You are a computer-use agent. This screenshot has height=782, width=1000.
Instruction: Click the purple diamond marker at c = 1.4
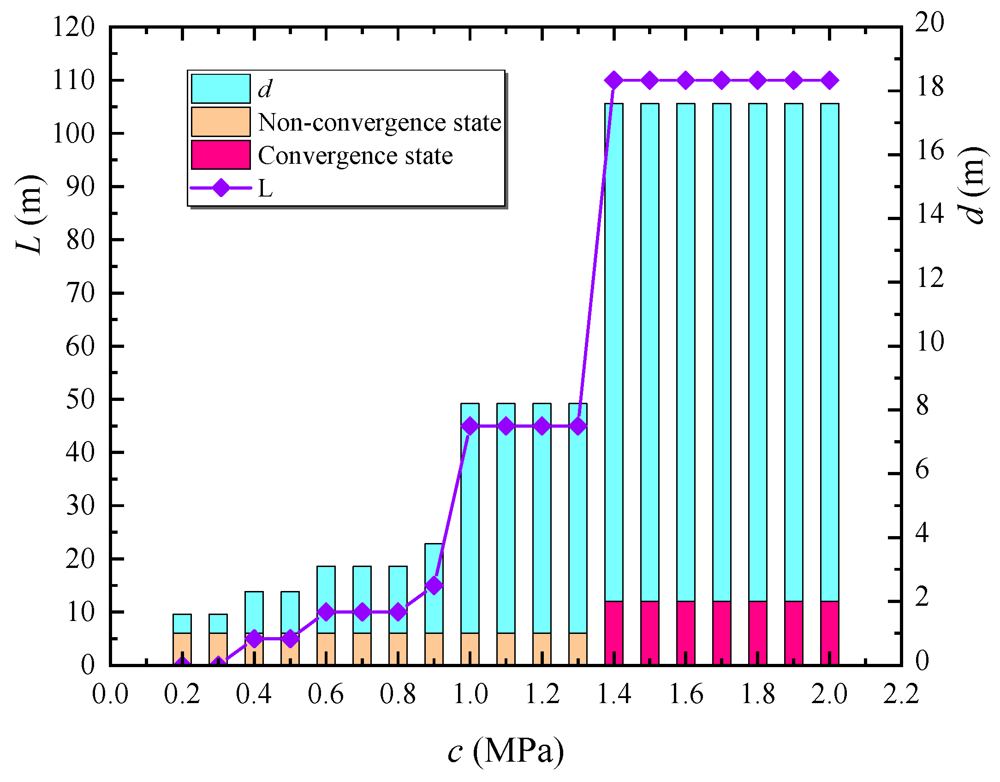pyautogui.click(x=614, y=81)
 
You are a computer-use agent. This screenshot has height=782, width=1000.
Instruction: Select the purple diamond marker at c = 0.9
pyautogui.click(x=434, y=585)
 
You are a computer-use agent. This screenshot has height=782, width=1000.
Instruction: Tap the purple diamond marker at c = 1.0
pyautogui.click(x=470, y=426)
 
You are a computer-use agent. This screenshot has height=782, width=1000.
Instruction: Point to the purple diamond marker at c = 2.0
pyautogui.click(x=830, y=81)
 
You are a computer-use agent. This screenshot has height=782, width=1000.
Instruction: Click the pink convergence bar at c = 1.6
pyautogui.click(x=686, y=633)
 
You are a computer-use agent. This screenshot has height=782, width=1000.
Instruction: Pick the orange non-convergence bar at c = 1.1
pyautogui.click(x=506, y=648)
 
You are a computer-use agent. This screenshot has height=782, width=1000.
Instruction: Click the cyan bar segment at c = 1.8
pyautogui.click(x=758, y=351)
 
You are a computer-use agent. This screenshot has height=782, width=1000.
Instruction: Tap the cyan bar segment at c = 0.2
pyautogui.click(x=182, y=623)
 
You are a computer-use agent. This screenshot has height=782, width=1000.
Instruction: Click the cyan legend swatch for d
pyautogui.click(x=220, y=89)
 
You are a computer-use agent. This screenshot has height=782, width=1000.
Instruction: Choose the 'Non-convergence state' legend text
pyautogui.click(x=379, y=123)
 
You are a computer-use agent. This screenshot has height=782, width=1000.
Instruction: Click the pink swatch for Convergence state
pyautogui.click(x=220, y=155)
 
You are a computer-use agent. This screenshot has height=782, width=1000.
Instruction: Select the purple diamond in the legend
pyautogui.click(x=221, y=188)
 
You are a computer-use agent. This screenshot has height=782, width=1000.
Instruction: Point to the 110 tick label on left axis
pyautogui.click(x=73, y=81)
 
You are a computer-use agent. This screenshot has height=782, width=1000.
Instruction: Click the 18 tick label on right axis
pyautogui.click(x=930, y=87)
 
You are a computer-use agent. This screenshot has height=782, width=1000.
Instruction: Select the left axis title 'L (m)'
pyautogui.click(x=30, y=215)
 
